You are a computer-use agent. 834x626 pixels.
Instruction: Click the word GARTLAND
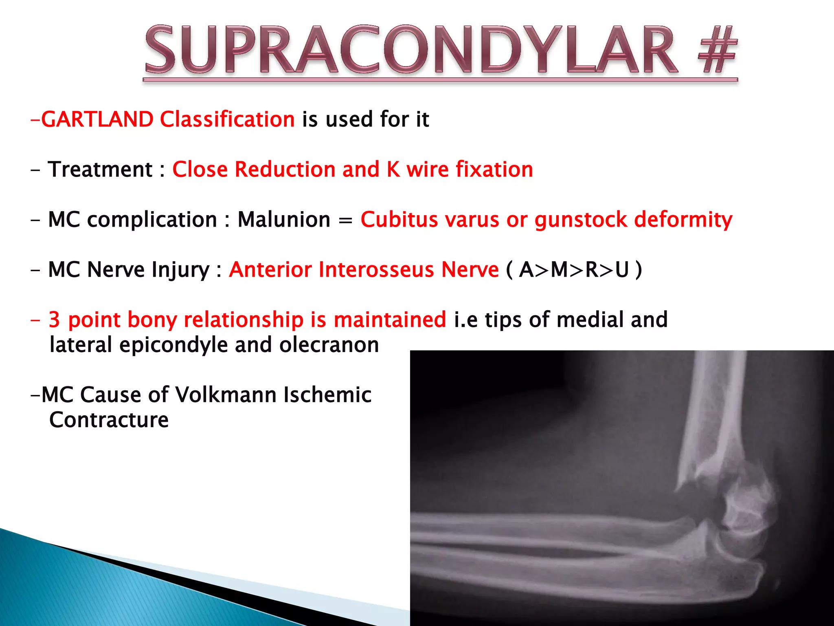97,119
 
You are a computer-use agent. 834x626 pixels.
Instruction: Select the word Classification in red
227,119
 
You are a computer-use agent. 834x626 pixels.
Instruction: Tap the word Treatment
100,170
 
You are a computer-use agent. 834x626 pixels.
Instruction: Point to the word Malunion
284,220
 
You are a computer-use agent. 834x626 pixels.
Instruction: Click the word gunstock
581,220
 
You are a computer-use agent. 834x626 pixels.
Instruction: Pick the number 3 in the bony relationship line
54,320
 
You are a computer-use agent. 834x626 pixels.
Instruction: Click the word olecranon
329,345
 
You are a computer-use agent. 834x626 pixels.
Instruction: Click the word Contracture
109,420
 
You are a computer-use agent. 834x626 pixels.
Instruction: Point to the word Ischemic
327,395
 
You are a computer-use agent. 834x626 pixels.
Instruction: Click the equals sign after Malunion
345,220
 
